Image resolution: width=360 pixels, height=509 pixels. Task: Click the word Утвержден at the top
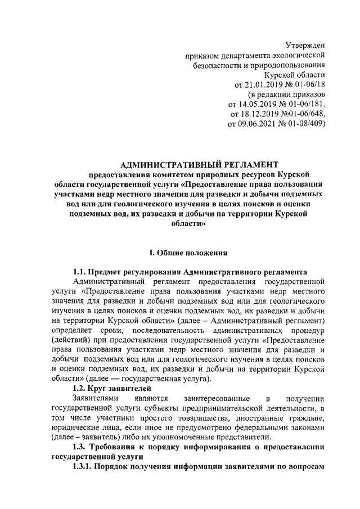(x=306, y=44)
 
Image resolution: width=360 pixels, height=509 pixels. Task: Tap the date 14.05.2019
(x=259, y=105)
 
